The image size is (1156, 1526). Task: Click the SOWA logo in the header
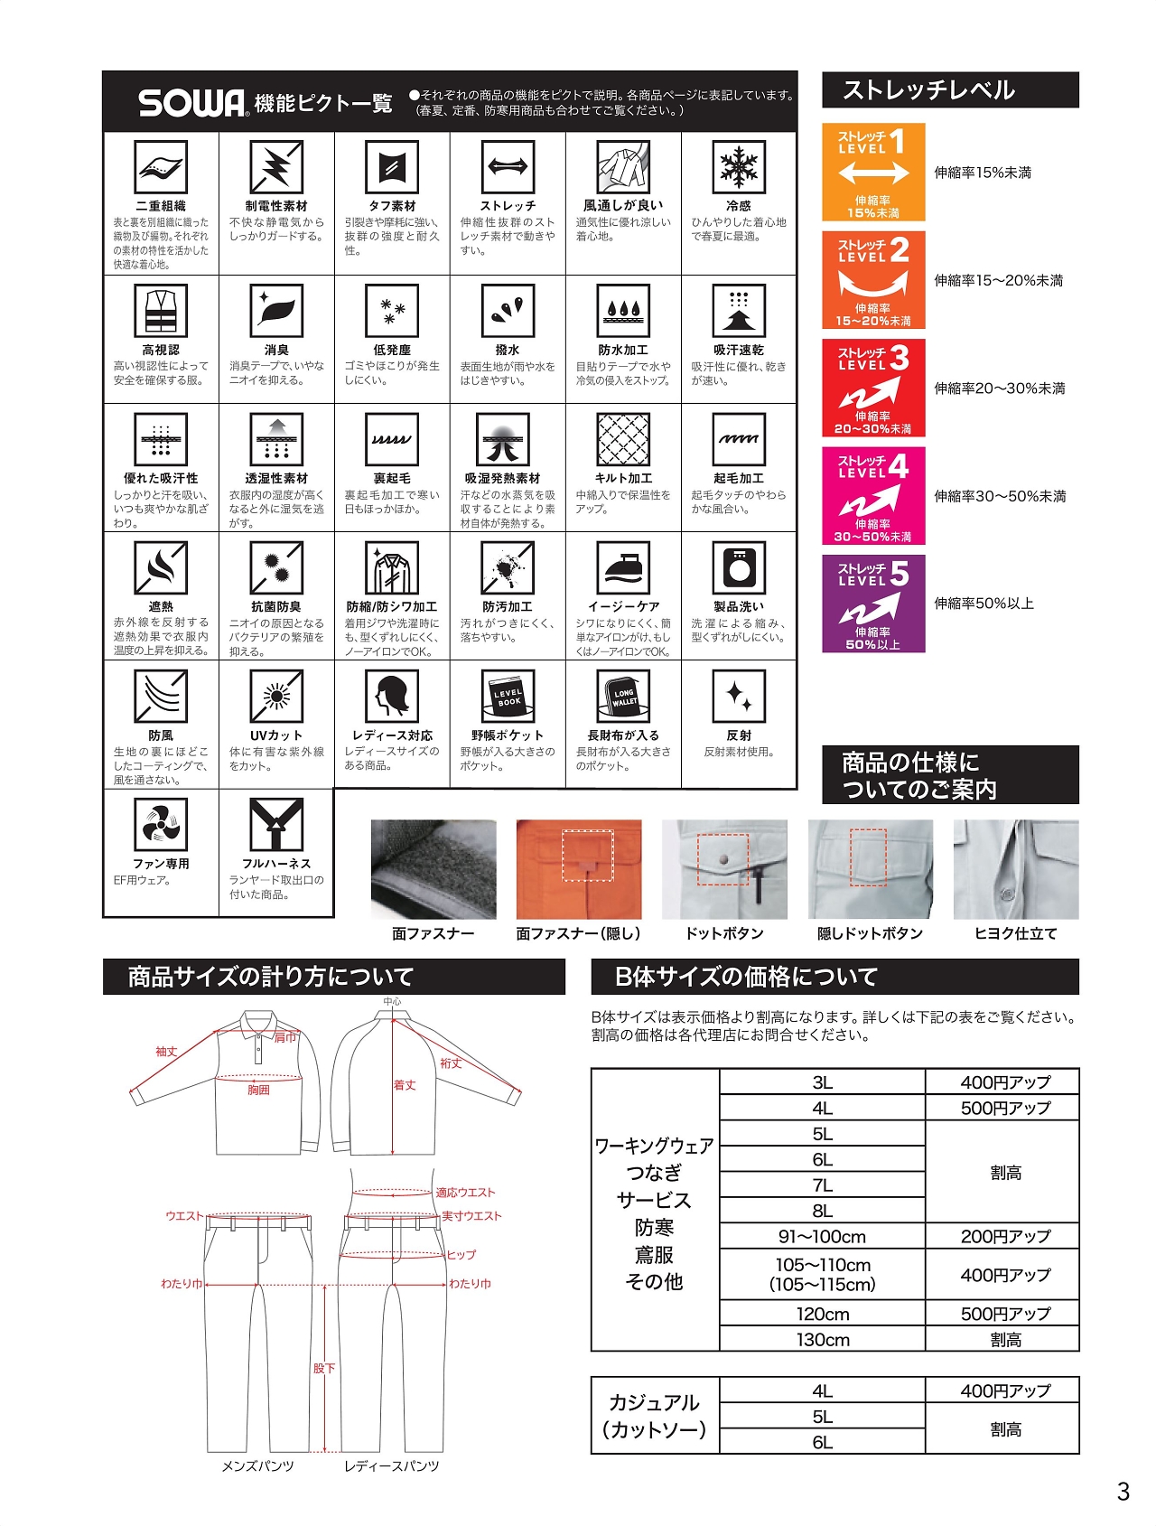point(192,103)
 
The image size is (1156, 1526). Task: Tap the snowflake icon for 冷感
point(738,167)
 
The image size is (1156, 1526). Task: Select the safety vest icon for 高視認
point(161,311)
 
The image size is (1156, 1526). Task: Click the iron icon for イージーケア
point(623,567)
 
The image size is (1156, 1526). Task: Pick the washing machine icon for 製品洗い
point(738,567)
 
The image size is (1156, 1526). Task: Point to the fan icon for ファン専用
point(161,825)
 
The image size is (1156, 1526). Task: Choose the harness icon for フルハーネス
point(275,825)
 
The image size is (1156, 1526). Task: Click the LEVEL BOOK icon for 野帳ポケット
point(508,697)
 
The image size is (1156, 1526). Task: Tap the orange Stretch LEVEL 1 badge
point(872,172)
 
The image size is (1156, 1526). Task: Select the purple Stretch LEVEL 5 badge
point(872,603)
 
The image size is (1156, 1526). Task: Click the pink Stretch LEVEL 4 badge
point(872,495)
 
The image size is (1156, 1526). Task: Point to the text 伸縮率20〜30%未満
point(999,389)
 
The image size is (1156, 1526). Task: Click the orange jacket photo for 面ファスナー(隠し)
point(578,869)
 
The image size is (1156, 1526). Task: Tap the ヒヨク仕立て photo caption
point(1015,933)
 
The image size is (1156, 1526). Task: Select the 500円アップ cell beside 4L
point(1004,1108)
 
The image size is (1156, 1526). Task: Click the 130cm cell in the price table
point(822,1339)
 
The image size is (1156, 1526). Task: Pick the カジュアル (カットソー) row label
point(654,1416)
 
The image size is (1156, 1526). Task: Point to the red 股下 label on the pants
point(324,1368)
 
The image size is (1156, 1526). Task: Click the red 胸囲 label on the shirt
point(259,1090)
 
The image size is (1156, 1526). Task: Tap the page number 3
point(1123,1492)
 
